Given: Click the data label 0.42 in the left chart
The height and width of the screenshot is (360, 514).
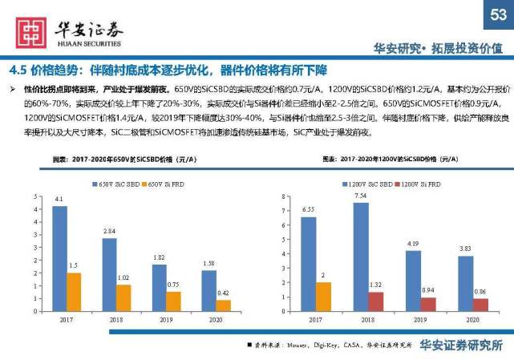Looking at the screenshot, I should pos(223,293).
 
